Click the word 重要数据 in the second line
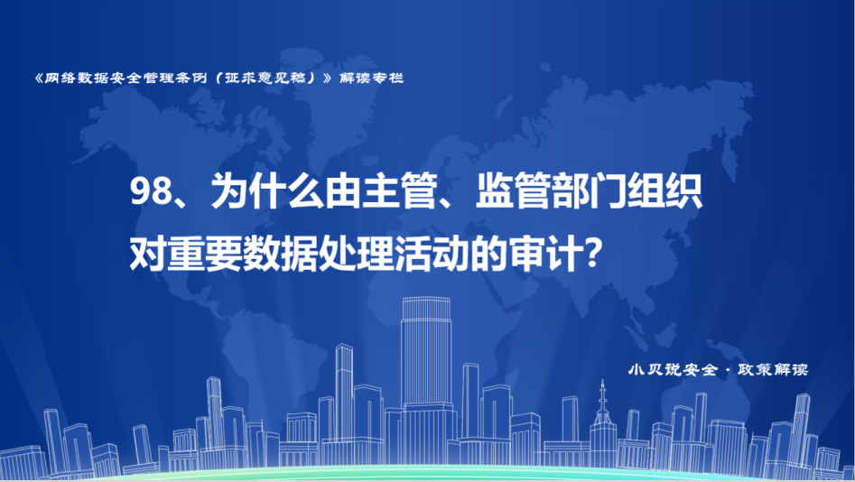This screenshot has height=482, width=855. coord(243,254)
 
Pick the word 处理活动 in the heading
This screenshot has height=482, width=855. coord(394,254)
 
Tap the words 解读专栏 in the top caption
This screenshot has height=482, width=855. coord(371,78)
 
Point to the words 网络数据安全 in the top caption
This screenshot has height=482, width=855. coord(93,78)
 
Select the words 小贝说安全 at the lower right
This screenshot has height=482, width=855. coord(673,370)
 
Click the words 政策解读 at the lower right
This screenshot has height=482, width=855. coord(773,370)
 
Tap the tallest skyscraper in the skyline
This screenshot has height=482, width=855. coord(426,371)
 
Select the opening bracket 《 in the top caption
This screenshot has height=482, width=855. coord(38,78)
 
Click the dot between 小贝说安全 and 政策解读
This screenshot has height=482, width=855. coord(728,370)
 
